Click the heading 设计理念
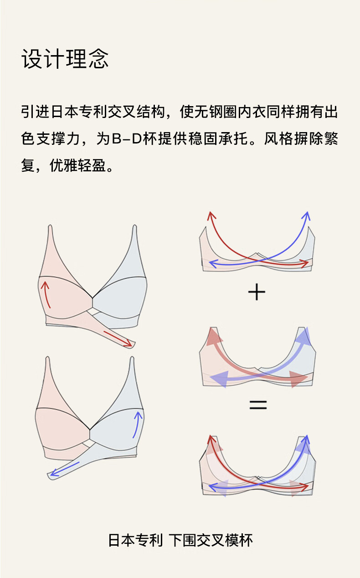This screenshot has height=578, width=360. coord(65,59)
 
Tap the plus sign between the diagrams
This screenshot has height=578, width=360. coord(257,292)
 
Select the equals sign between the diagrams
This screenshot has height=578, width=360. coord(258,404)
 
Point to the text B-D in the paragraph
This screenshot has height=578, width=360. coord(127,138)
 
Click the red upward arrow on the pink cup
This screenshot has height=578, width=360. coord(46,294)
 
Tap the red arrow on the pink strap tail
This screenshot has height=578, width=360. coord(118,338)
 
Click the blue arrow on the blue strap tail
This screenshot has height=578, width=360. coord(65,469)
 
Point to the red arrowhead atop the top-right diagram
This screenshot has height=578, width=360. coord(211,216)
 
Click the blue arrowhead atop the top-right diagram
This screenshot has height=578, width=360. coord(307,216)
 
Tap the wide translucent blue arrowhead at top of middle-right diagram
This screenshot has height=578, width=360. coord(303,336)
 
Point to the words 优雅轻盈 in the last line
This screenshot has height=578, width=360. coord(77,165)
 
